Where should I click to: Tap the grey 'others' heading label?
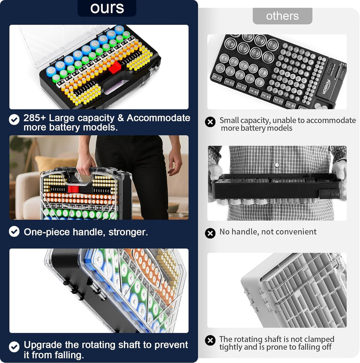282,16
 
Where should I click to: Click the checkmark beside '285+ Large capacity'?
14,119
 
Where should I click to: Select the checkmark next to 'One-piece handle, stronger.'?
14,232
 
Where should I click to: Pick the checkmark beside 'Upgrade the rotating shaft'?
14,347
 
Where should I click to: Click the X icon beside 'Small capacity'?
210,122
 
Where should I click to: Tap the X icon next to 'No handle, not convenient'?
210,233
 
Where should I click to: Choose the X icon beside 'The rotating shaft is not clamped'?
210,340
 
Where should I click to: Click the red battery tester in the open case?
114,67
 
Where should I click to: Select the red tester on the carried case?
73,189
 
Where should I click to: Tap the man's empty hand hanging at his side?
174,163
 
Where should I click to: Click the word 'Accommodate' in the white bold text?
159,118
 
